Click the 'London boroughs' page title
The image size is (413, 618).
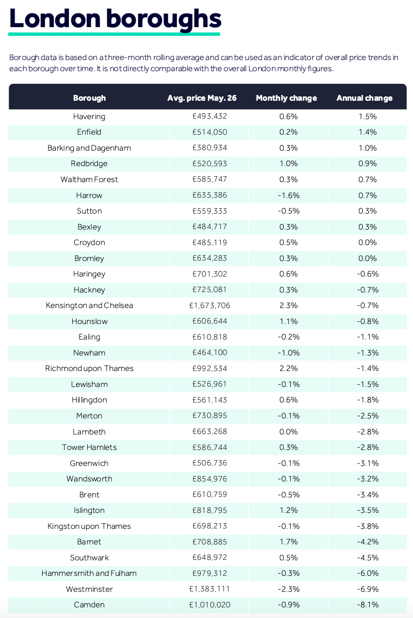point(115,19)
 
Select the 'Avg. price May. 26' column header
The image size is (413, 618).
point(202,98)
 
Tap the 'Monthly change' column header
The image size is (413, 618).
point(286,98)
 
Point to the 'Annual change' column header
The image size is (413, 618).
point(365,98)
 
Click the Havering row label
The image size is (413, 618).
point(89,116)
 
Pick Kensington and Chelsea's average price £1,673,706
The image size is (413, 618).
point(209,306)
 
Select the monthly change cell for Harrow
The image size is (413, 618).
point(288,195)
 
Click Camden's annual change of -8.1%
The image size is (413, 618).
point(367,605)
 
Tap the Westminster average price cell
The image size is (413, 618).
point(209,589)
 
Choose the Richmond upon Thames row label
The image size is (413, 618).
point(89,368)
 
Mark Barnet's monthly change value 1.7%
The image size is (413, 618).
point(288,541)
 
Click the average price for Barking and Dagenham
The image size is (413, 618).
point(209,148)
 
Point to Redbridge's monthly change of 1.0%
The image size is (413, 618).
point(288,164)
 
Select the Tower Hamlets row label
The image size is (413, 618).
point(89,447)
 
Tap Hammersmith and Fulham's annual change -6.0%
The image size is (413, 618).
point(367,573)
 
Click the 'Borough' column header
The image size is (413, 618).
point(90,98)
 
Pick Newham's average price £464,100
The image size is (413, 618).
point(209,353)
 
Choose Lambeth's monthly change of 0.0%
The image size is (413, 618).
point(288,432)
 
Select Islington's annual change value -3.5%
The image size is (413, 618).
point(367,510)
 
